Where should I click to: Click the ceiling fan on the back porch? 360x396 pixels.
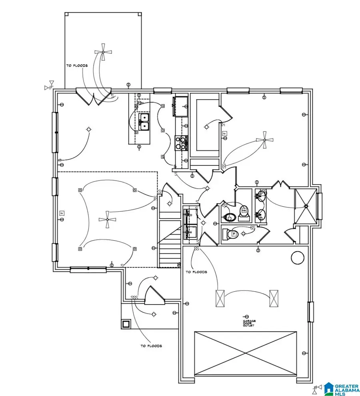pyautogui.click(x=103, y=52)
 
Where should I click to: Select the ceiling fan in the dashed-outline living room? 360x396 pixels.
pyautogui.click(x=107, y=219)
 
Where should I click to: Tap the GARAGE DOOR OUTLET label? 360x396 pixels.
pyautogui.click(x=248, y=323)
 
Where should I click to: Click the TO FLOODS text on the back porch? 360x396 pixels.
pyautogui.click(x=77, y=66)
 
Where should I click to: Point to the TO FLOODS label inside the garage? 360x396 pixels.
pyautogui.click(x=196, y=272)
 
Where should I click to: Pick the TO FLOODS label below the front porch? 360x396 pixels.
pyautogui.click(x=151, y=346)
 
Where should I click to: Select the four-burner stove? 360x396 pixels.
pyautogui.click(x=181, y=143)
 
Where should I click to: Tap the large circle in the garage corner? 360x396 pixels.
pyautogui.click(x=298, y=258)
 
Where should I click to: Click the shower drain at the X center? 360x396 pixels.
pyautogui.click(x=306, y=206)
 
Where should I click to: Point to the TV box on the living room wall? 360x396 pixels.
pyautogui.click(x=62, y=213)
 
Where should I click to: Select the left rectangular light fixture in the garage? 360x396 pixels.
pyautogui.click(x=220, y=298)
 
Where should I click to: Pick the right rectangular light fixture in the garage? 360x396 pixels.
pyautogui.click(x=274, y=298)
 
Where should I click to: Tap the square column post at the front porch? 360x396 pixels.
pyautogui.click(x=126, y=324)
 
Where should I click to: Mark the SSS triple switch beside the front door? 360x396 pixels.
pyautogui.click(x=134, y=298)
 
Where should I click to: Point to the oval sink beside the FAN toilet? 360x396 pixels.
pyautogui.click(x=229, y=217)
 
